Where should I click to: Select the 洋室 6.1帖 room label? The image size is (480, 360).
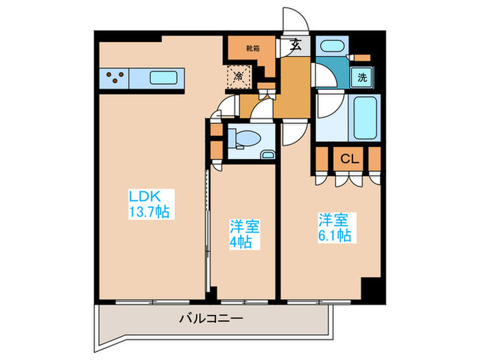click(334, 228)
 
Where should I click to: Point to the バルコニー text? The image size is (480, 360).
click(211, 318)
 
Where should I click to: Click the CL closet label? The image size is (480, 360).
click(349, 159)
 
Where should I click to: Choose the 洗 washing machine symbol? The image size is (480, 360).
click(361, 77)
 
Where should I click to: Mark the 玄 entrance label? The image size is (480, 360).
click(296, 47)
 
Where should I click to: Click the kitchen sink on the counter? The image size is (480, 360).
click(165, 78)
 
